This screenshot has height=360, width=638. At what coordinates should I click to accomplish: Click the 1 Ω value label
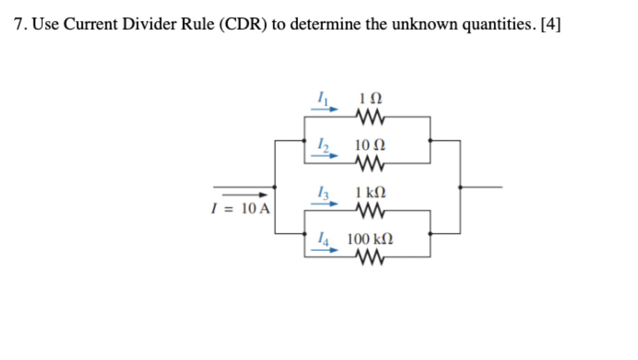[370, 99]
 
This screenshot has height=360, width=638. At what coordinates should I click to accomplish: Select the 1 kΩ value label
[370, 192]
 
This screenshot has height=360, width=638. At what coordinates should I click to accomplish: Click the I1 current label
[322, 98]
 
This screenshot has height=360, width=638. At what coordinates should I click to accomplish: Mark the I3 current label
[322, 192]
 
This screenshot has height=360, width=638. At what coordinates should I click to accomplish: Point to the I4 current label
[322, 238]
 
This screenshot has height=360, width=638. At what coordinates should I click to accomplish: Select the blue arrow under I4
[324, 249]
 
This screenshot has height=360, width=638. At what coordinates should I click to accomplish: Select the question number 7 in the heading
[18, 25]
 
